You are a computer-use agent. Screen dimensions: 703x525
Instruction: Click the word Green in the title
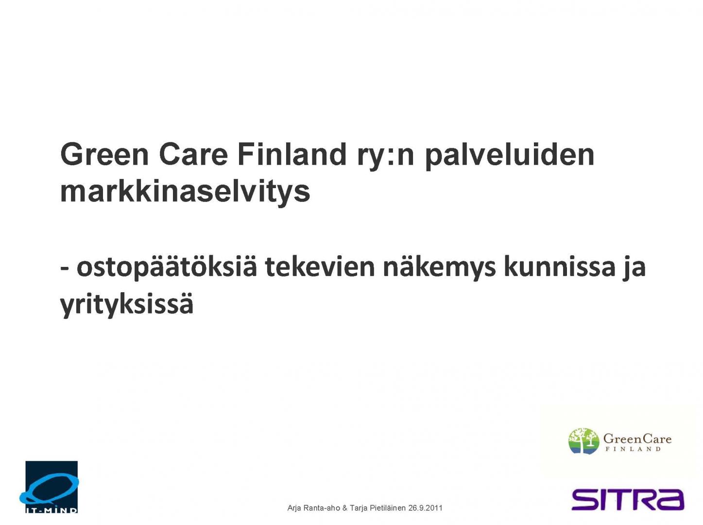pyautogui.click(x=104, y=155)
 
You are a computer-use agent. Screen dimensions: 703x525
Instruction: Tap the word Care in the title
pyautogui.click(x=193, y=155)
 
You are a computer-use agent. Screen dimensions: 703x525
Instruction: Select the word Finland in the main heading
pyautogui.click(x=292, y=155)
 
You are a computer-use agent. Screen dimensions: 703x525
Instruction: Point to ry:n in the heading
pyautogui.click(x=385, y=157)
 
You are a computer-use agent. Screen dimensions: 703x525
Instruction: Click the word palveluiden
pyautogui.click(x=510, y=157)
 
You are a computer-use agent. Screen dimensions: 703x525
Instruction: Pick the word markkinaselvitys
pyautogui.click(x=185, y=192)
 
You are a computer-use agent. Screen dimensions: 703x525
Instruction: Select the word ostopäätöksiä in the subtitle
pyautogui.click(x=167, y=268)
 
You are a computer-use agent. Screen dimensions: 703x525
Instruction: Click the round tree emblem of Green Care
pyautogui.click(x=583, y=441)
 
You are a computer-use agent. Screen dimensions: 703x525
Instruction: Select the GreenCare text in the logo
pyautogui.click(x=637, y=439)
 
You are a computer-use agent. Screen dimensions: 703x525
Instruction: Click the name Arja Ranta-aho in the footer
pyautogui.click(x=313, y=508)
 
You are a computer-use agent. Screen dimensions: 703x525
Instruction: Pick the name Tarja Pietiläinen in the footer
pyautogui.click(x=377, y=508)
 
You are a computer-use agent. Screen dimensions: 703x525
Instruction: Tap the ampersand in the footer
pyautogui.click(x=344, y=508)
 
